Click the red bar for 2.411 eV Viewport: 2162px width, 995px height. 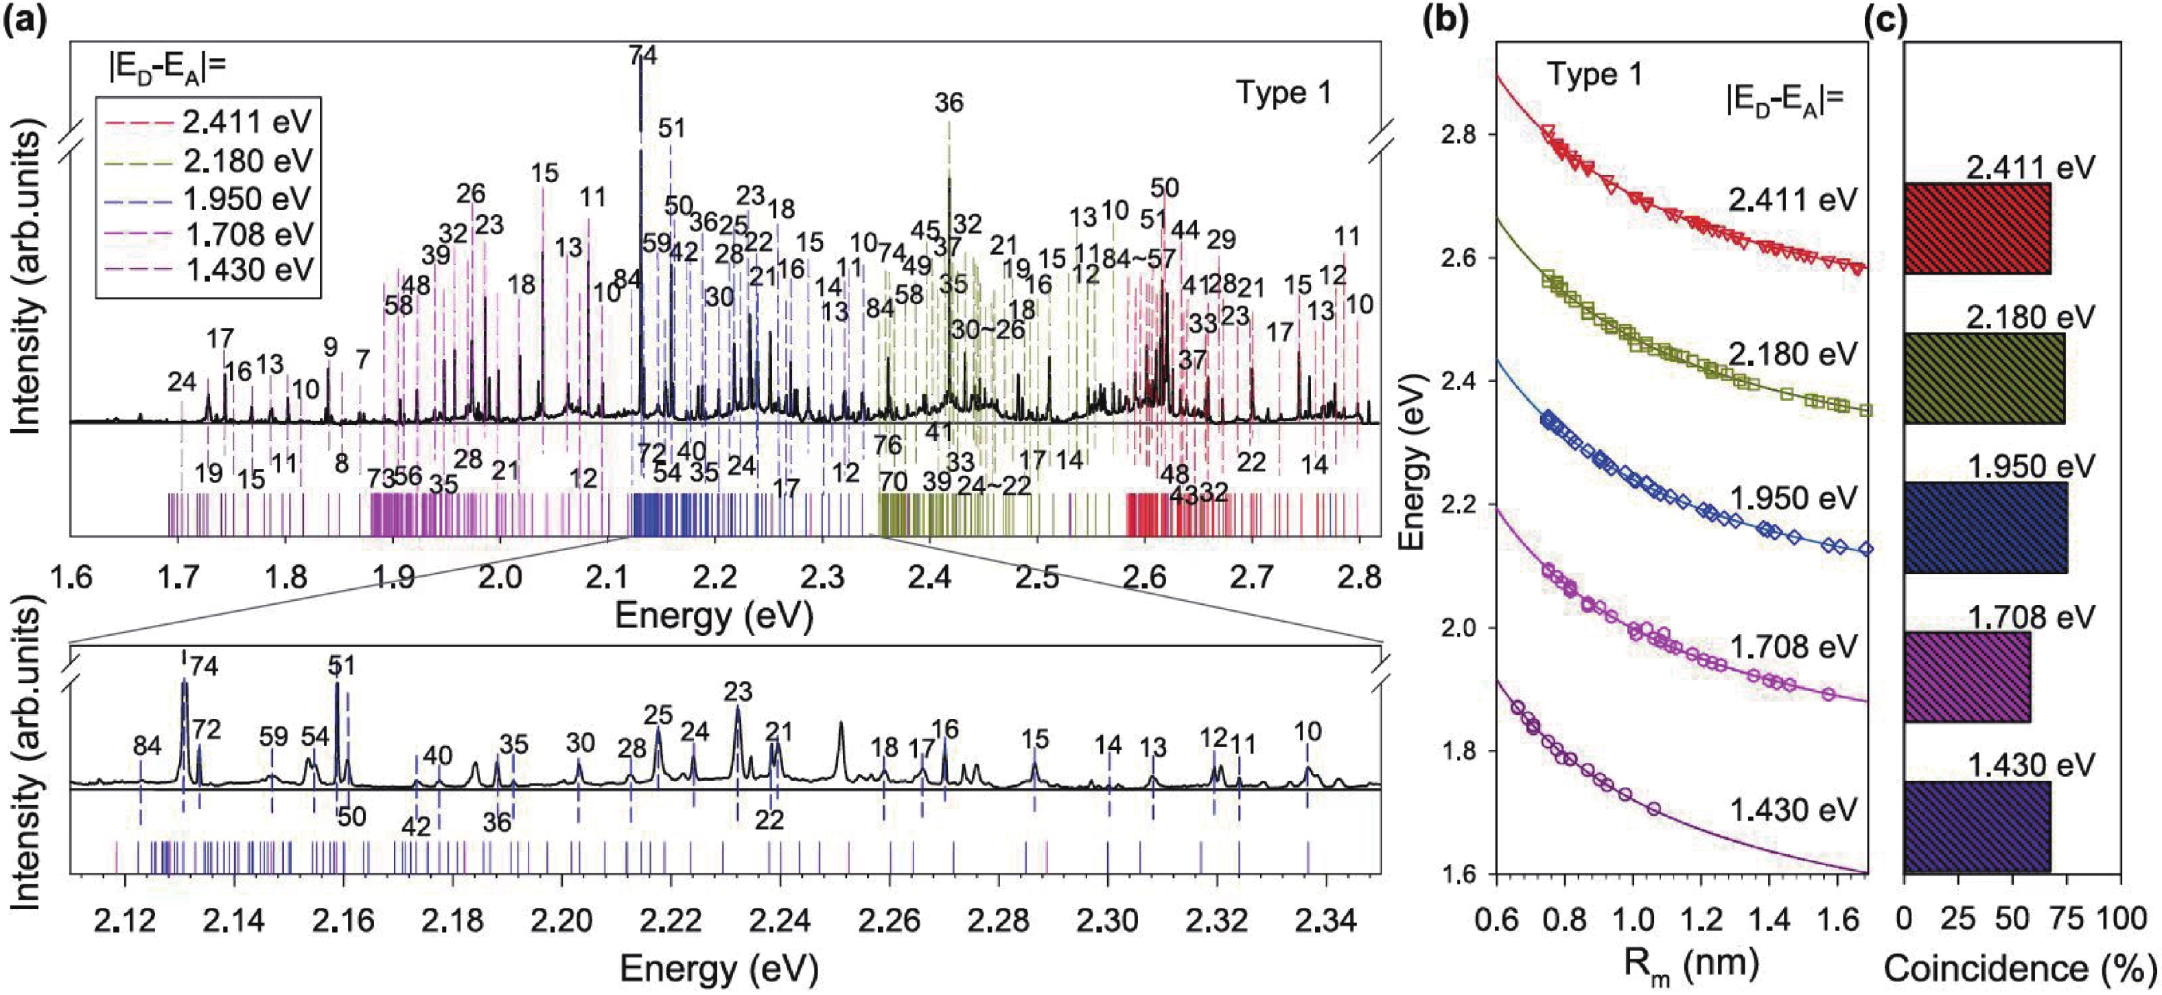1977,229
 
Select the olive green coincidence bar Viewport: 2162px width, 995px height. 1984,378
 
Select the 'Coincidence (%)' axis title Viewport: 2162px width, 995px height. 2019,968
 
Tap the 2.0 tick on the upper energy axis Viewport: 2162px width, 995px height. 500,577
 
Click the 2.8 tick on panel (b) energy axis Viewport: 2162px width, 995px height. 1463,135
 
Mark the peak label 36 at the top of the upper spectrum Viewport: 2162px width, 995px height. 949,102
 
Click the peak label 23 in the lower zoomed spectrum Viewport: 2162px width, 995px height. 738,692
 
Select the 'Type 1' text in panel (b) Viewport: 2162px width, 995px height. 1594,75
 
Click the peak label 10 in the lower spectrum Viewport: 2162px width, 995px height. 1307,731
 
